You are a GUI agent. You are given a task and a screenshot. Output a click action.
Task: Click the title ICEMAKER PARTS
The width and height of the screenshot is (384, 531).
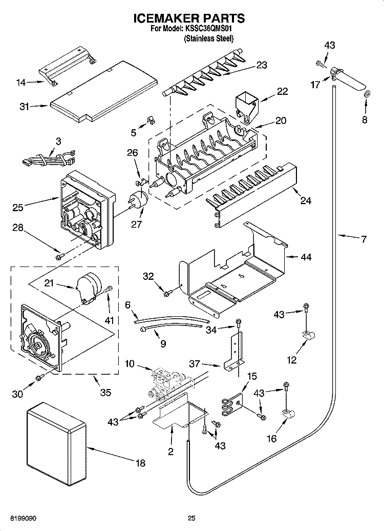(189, 19)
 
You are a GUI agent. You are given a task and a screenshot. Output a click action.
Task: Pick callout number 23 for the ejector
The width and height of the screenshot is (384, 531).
(262, 65)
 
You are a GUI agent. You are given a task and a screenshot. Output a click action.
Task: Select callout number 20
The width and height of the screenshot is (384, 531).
(281, 121)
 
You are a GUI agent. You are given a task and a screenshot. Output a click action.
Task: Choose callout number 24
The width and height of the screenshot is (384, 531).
(305, 200)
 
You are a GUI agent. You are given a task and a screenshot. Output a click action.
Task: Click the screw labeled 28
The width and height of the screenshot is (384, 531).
(60, 252)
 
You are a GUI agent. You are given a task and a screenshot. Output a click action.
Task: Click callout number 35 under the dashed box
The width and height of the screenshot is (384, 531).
(105, 393)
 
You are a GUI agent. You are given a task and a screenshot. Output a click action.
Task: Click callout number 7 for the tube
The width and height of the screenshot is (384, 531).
(363, 239)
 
